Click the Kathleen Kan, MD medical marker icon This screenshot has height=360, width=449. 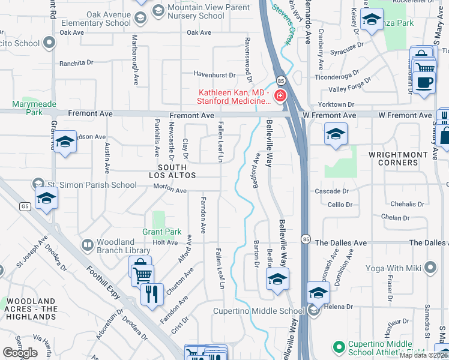click(280, 96)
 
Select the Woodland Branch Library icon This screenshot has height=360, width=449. click(88, 245)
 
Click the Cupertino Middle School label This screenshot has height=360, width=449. click(259, 311)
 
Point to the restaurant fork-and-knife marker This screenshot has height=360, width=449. click(151, 294)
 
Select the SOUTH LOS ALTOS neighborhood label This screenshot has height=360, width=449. click(176, 171)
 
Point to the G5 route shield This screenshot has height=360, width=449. click(24, 206)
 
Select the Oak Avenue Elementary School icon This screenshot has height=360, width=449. click(140, 18)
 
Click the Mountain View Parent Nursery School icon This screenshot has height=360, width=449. click(158, 10)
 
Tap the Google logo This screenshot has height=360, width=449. click(20, 353)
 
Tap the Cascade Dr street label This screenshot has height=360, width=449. click(332, 191)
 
